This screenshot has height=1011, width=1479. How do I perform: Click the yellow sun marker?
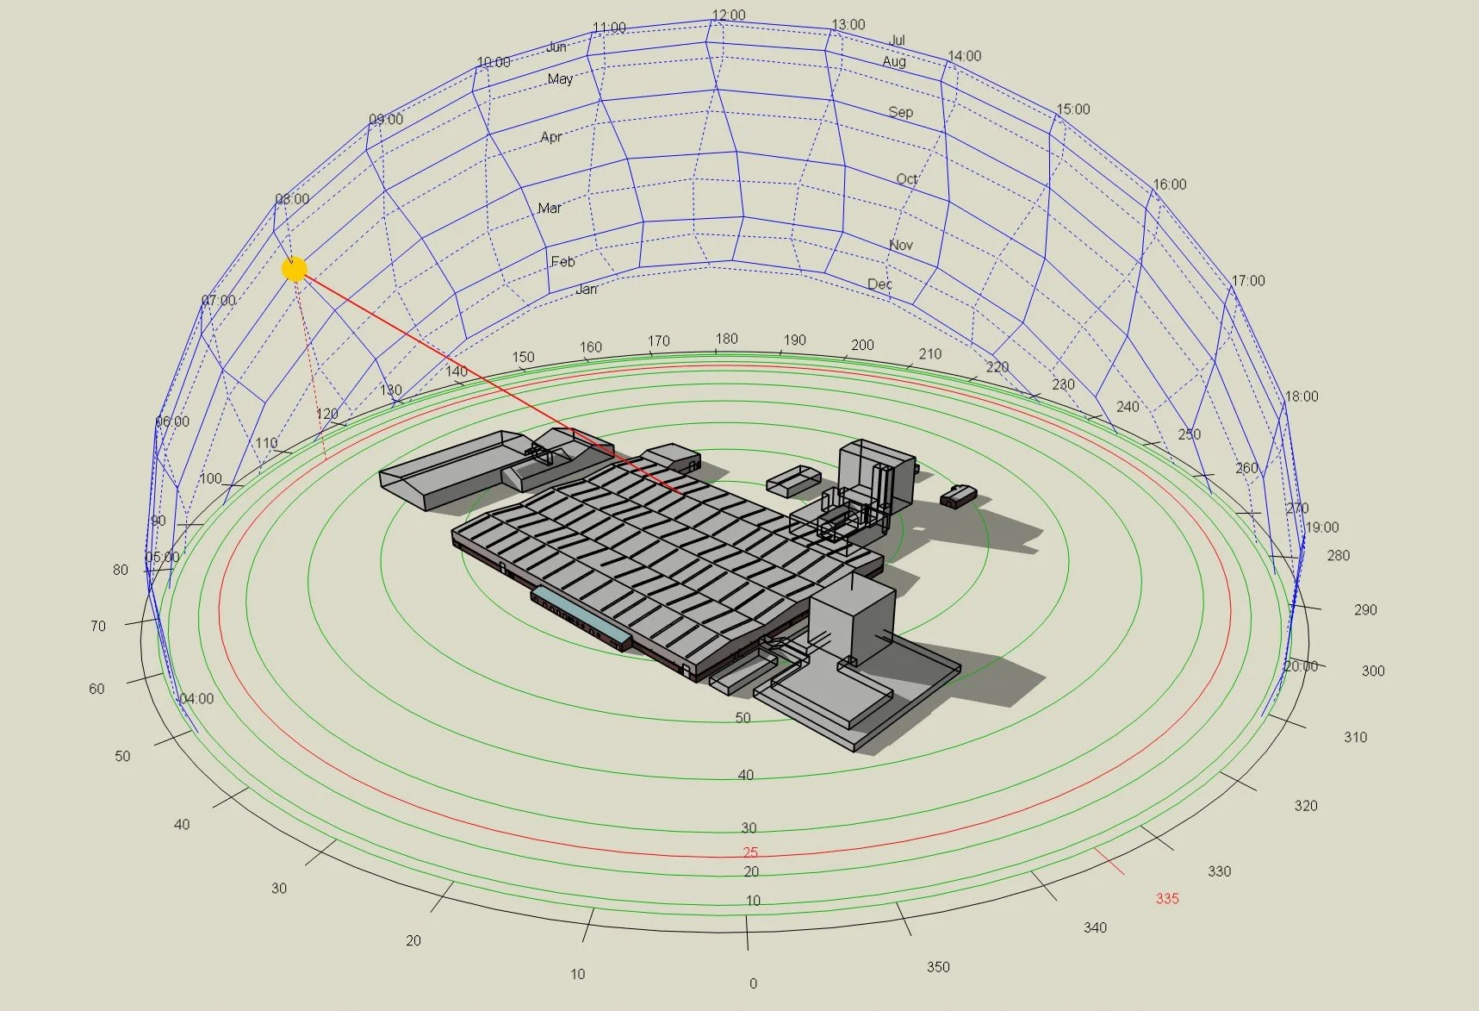coord(295,269)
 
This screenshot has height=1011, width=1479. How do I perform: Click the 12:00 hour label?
coord(729,16)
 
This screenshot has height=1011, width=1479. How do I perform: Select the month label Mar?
coord(550,209)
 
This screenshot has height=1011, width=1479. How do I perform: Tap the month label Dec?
coord(879,284)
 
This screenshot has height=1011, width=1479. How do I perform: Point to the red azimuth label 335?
coord(1167,899)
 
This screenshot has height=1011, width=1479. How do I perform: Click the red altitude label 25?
coord(751,852)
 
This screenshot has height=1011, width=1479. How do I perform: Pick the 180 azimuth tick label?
coord(727,339)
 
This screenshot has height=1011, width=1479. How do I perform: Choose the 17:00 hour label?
coord(1248,281)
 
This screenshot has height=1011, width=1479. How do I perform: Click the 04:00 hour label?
coord(196,699)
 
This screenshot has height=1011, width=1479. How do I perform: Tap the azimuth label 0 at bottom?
coord(753,983)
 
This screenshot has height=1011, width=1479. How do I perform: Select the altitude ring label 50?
coord(743,718)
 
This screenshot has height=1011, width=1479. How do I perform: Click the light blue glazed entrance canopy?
coord(581,615)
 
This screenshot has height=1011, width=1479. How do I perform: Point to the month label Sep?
coord(901,112)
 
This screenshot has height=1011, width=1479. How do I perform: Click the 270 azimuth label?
coord(1297,509)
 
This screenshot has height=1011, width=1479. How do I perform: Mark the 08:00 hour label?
coord(292,199)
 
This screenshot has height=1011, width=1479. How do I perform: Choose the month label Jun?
coord(556,47)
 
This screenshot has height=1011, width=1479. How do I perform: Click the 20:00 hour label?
coord(1301,666)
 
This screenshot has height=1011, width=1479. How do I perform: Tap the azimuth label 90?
coord(158,521)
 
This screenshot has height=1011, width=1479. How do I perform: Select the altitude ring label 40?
coord(746,775)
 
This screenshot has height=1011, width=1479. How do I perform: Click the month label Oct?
coord(907,179)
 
